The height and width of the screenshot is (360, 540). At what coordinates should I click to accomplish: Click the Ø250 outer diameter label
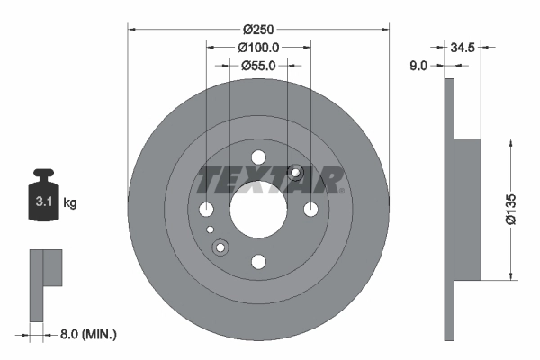[x=258, y=30]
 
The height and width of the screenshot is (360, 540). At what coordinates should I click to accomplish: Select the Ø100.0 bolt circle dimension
[x=258, y=48]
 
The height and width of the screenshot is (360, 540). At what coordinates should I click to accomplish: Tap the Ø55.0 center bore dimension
[x=258, y=66]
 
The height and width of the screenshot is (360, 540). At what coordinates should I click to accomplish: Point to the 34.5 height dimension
[x=463, y=47]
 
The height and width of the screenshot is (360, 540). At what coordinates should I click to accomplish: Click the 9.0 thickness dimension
[x=418, y=65]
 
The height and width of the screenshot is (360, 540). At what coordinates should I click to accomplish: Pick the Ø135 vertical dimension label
[x=510, y=210]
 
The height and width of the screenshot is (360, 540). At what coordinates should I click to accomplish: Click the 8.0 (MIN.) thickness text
[x=88, y=334]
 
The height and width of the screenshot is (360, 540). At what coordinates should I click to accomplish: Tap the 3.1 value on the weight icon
[x=44, y=202]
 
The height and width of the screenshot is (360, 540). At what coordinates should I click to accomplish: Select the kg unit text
[x=70, y=202]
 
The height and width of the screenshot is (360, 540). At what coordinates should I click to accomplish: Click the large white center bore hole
[x=258, y=210]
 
